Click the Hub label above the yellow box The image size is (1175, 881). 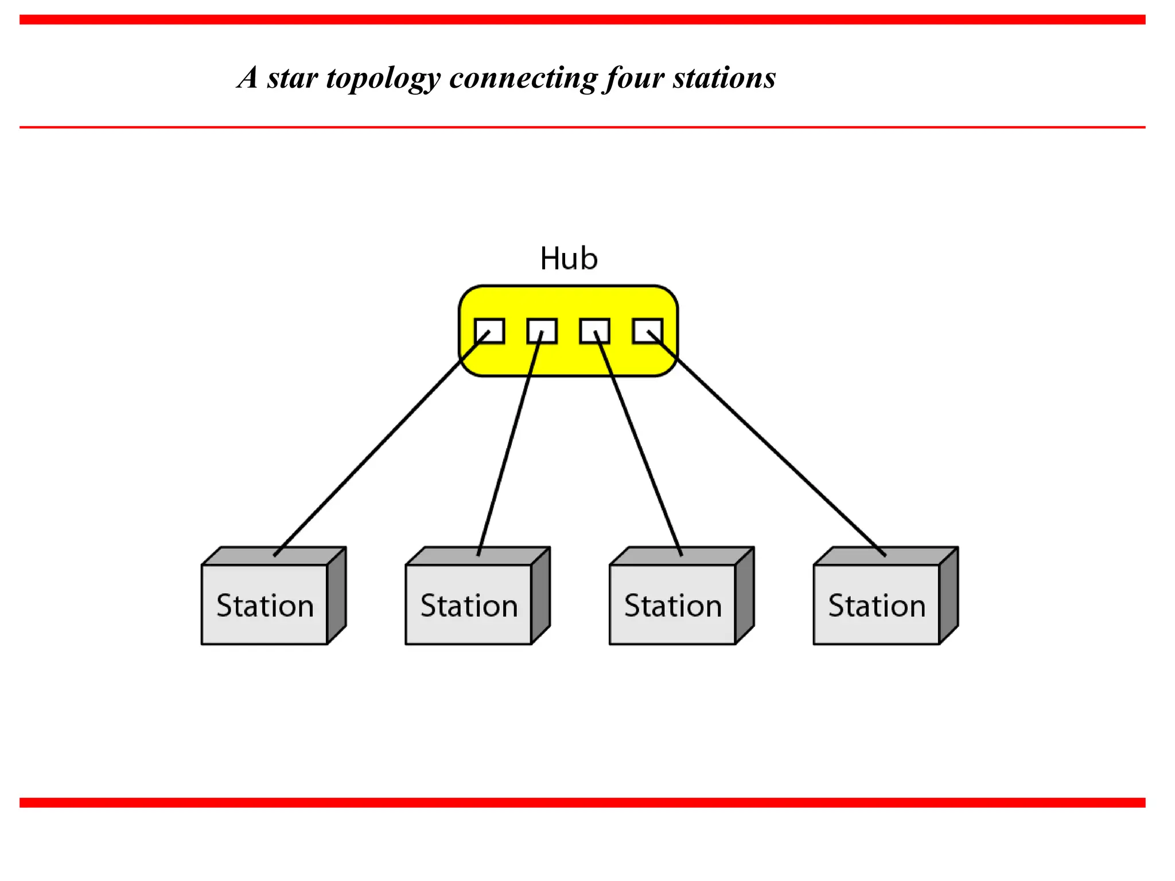pos(569,259)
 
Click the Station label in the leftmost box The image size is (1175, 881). pos(265,606)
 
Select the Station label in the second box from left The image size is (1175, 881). pos(469,606)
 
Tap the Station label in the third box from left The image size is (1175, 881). pos(673,606)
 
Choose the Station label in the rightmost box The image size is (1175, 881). pos(877,606)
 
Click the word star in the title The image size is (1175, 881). pos(292,78)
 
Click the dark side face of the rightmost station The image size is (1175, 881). pos(948,597)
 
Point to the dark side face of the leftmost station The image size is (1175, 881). pos(336,597)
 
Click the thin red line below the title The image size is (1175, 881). pos(582,127)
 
